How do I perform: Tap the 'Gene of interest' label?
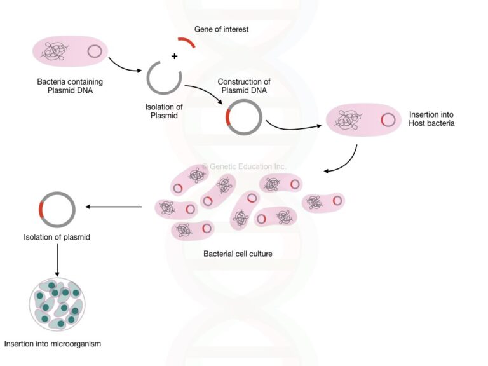220,29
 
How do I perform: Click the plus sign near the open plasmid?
173,57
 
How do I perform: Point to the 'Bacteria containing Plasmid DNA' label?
70,86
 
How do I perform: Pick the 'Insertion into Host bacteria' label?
431,119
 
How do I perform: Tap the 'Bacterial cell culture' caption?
238,254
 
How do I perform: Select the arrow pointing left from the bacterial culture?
114,207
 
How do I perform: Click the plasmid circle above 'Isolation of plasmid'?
57,209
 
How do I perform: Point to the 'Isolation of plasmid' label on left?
58,237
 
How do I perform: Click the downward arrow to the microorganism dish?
57,261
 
